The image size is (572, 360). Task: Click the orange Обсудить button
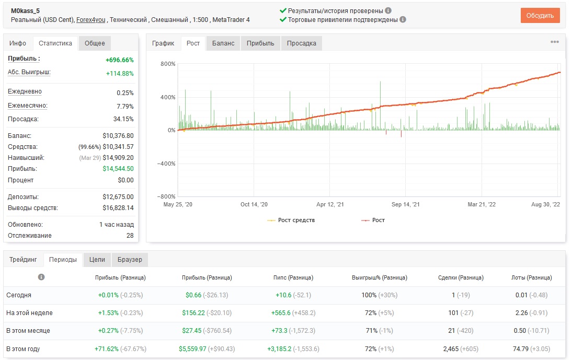coord(540,15)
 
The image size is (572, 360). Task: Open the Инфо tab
coord(17,43)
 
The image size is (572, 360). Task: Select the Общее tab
coord(95,43)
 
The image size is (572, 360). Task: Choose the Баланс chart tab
coord(223,43)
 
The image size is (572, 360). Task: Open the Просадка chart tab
coord(301,43)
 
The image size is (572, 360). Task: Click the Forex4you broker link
coord(91,20)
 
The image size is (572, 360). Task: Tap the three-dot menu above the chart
coord(555,42)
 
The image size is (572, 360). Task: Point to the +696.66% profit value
coord(120,60)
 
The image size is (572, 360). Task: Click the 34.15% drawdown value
coord(123,119)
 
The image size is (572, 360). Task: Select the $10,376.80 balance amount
coord(118,135)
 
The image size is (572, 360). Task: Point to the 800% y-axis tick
coord(168,64)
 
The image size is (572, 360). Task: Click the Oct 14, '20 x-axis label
coord(254,204)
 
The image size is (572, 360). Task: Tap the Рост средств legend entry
coord(291,220)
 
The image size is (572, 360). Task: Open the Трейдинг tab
coord(23,260)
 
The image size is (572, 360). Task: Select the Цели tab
coord(97,260)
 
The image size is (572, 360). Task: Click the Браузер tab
coord(130,260)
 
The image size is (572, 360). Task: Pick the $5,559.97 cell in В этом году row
coord(192,349)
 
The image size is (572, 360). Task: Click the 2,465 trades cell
coord(451,349)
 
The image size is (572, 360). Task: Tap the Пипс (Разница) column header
coord(293,277)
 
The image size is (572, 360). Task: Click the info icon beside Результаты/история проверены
coord(388,10)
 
